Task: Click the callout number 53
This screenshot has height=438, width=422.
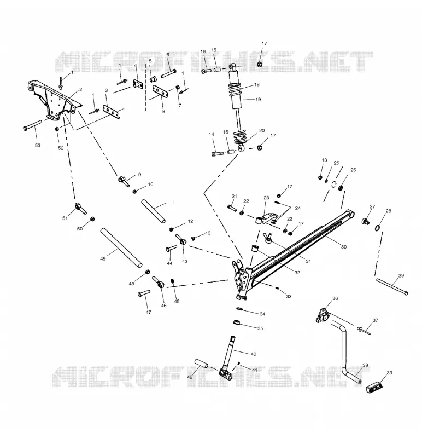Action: [37, 145]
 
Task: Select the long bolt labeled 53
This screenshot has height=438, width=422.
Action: [32, 125]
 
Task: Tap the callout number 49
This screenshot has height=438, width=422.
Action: [103, 258]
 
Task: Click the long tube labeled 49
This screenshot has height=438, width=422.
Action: [121, 248]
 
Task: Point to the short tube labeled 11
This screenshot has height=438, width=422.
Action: [153, 211]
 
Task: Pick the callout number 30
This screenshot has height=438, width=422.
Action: [344, 247]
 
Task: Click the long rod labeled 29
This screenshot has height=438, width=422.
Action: [392, 286]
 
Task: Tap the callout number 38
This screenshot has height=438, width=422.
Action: [365, 365]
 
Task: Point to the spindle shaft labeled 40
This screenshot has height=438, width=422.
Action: [228, 358]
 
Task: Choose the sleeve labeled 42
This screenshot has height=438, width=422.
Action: [201, 364]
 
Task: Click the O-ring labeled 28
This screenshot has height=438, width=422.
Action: [377, 228]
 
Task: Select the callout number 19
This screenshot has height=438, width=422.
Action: [258, 100]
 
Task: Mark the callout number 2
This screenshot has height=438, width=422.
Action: [80, 90]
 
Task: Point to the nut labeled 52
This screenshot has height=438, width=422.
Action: [57, 129]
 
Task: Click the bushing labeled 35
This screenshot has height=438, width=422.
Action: [237, 322]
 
